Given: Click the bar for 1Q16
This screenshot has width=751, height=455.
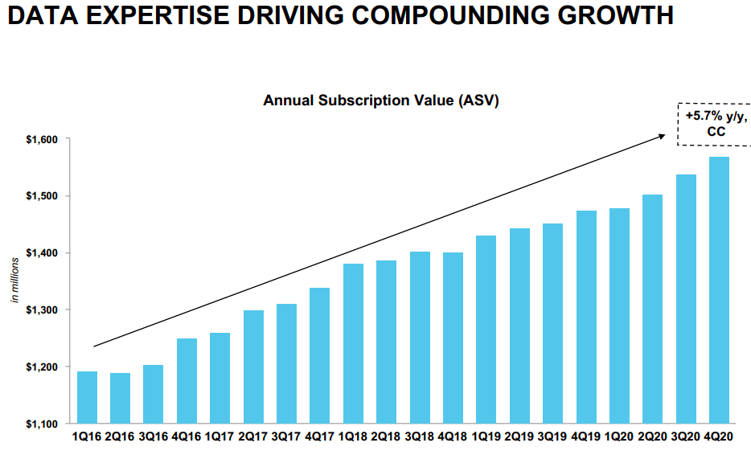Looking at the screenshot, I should (87, 397).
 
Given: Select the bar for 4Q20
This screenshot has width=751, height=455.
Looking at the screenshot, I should (719, 290).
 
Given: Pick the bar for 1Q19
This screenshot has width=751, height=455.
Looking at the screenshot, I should (486, 330).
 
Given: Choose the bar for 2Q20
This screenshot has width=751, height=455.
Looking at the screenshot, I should (652, 309).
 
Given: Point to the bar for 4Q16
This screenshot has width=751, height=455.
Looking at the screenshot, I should (187, 380).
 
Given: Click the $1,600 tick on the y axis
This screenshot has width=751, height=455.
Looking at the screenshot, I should (42, 140).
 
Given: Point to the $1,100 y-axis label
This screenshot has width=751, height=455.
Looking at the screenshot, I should (42, 424).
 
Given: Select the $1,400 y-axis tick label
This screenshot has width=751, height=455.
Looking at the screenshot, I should (42, 253).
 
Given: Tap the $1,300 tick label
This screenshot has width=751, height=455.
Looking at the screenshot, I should (42, 310).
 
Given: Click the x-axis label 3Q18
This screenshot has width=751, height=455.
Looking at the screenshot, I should (420, 438).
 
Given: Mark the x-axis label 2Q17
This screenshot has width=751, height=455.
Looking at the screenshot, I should (253, 438).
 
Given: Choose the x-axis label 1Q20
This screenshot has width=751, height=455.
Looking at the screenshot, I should (619, 438).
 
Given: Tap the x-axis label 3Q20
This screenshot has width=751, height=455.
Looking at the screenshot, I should (686, 438).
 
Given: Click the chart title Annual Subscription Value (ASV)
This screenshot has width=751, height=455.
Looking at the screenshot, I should (381, 100).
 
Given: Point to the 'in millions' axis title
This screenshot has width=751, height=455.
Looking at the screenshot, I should (14, 281).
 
